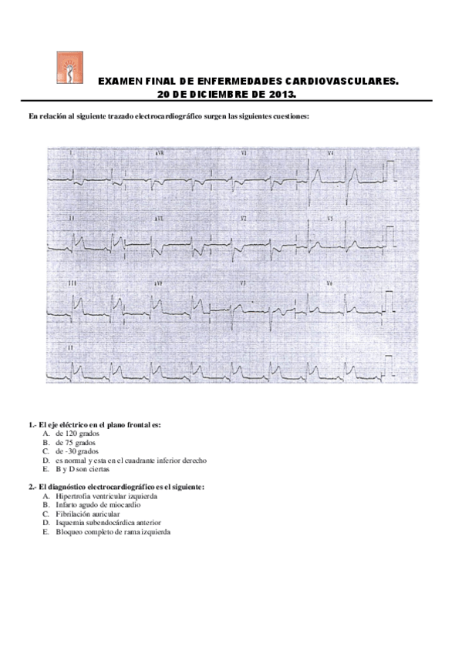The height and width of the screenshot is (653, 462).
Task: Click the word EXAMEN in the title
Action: click(x=123, y=81)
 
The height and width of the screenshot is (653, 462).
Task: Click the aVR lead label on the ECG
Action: click(x=158, y=153)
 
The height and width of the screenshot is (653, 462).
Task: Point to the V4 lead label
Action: click(x=329, y=153)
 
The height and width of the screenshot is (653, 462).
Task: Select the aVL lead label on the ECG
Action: click(x=158, y=219)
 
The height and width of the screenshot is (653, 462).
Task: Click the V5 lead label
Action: click(x=329, y=219)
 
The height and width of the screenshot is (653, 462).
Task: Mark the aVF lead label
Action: click(x=158, y=284)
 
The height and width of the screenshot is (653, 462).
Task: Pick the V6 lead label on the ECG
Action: click(x=329, y=284)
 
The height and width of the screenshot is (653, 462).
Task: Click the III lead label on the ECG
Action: click(x=73, y=284)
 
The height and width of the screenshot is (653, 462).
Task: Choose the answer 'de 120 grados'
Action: click(x=77, y=434)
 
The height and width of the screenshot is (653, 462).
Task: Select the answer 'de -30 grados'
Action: click(x=77, y=451)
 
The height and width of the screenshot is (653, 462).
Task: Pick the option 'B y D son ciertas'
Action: click(x=82, y=469)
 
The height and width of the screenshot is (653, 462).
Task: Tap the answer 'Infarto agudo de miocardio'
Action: click(x=98, y=504)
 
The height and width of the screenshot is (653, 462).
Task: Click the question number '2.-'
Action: click(x=32, y=487)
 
